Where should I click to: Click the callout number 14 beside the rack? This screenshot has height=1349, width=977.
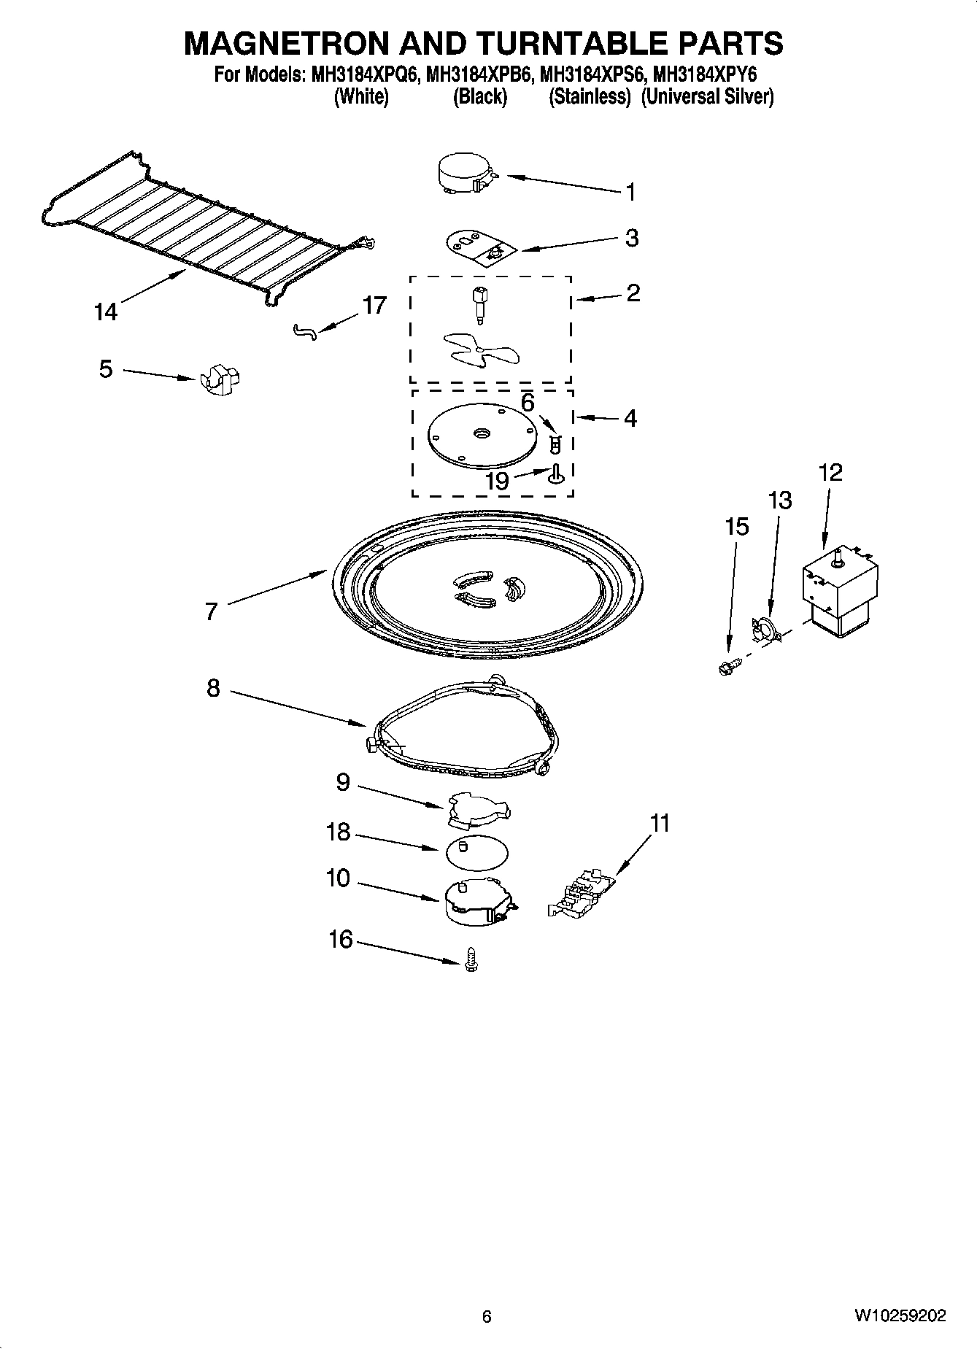coord(105,312)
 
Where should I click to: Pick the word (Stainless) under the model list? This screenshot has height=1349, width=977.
coord(590,96)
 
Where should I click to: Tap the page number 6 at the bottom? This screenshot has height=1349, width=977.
coord(487,1316)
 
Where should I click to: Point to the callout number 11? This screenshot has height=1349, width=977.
coord(660,824)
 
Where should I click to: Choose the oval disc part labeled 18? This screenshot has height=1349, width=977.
coord(476,852)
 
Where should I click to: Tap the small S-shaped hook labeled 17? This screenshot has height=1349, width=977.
coord(305,333)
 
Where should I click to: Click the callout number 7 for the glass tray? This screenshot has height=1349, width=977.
coord(212,611)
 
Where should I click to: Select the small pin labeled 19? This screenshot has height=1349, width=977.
coord(555,473)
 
